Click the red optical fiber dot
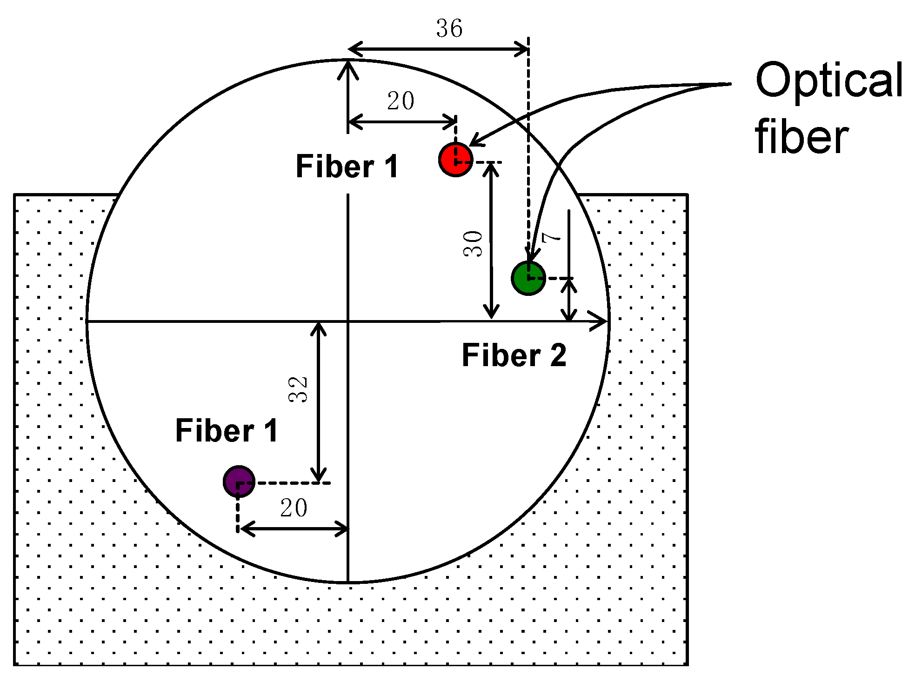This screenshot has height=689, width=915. click(x=456, y=160)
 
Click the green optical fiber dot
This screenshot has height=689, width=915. click(x=528, y=278)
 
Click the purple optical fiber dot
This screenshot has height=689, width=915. click(x=239, y=482)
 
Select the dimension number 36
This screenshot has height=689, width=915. click(x=449, y=28)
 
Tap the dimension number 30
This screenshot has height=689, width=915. click(x=473, y=244)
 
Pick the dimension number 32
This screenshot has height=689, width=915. click(x=298, y=389)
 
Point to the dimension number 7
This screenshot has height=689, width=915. click(x=552, y=237)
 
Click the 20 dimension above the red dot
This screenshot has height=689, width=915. click(x=401, y=100)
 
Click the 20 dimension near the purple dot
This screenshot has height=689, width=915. click(x=294, y=508)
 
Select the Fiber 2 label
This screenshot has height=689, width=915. click(x=514, y=355)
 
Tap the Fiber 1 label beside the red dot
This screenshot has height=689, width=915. click(x=347, y=167)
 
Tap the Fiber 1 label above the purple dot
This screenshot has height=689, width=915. click(x=227, y=430)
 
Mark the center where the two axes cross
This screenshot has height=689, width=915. click(x=348, y=321)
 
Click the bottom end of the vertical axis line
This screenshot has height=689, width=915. click(x=348, y=581)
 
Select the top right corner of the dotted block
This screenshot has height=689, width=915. click(x=687, y=194)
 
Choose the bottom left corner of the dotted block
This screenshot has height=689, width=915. click(x=15, y=664)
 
